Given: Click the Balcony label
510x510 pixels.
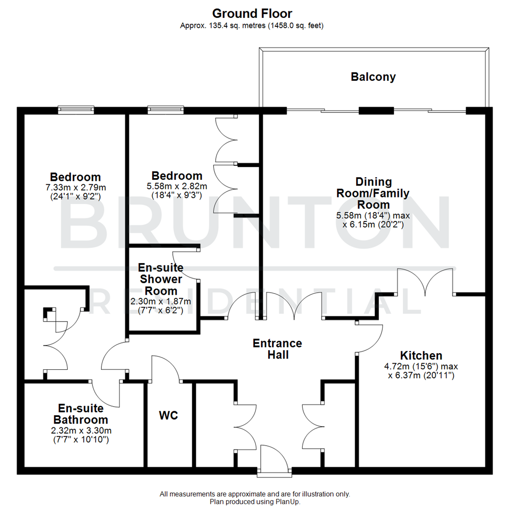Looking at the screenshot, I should (373, 77).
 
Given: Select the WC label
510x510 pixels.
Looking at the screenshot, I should (169, 416).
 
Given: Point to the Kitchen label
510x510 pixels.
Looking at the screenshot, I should (421, 356).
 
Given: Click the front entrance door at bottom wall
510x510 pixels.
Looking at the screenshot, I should (274, 459).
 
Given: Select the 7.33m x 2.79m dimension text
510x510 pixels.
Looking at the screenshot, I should (75, 187).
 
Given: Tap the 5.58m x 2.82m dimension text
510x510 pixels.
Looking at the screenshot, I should (177, 187).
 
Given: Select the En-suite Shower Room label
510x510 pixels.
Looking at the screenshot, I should (161, 279).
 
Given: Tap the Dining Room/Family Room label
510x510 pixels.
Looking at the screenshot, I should (373, 193).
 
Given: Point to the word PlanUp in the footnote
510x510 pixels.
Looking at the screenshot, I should (287, 502).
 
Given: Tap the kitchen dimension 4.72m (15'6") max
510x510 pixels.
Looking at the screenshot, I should (420, 366).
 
